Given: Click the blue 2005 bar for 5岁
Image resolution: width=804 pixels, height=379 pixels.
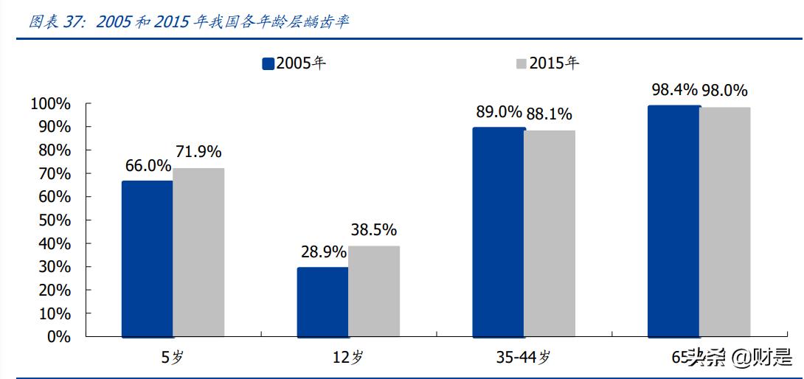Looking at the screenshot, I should (x=148, y=259).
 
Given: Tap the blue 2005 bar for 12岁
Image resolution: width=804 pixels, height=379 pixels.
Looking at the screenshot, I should (x=322, y=302).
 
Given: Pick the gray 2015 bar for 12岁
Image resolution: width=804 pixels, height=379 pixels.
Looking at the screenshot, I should (x=374, y=291).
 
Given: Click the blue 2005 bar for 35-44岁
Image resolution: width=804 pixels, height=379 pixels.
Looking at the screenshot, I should (x=498, y=232).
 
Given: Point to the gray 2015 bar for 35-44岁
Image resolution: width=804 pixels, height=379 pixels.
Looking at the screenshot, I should (x=550, y=234).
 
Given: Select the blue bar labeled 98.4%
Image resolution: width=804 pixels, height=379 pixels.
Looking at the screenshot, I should (x=673, y=221).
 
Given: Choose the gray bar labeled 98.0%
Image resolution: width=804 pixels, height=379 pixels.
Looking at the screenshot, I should (x=725, y=222).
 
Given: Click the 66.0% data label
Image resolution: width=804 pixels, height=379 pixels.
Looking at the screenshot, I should (x=148, y=166).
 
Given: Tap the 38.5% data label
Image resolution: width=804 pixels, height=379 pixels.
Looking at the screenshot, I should (x=373, y=229).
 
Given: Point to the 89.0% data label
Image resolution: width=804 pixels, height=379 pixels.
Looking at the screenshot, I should (x=498, y=113).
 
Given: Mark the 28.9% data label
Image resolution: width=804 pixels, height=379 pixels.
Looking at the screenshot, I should (x=322, y=251).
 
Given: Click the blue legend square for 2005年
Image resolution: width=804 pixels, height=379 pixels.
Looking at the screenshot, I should (x=268, y=63).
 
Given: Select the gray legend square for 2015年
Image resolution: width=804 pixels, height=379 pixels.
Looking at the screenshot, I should (x=521, y=63).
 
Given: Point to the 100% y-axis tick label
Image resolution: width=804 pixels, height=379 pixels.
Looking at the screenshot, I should (x=51, y=104).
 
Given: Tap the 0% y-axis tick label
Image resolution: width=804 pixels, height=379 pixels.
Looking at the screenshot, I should (x=59, y=337).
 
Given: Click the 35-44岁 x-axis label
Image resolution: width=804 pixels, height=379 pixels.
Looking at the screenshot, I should (x=524, y=358).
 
